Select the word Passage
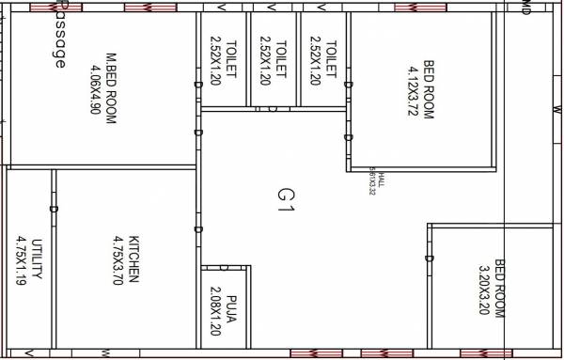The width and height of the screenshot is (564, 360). click(x=60, y=38)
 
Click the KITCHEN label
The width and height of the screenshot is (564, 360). click(x=134, y=258)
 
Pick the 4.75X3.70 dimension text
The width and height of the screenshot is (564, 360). click(x=118, y=258)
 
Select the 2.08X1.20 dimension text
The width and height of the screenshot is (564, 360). click(x=215, y=310)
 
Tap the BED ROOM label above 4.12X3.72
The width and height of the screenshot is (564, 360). click(x=430, y=89)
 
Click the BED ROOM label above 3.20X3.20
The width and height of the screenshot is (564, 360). click(x=499, y=287)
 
